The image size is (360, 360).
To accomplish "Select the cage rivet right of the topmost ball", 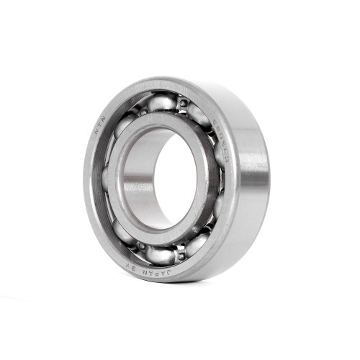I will pos(184,104).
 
